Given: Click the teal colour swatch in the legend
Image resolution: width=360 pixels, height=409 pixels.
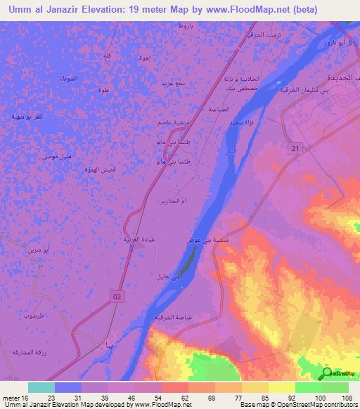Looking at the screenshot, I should (41, 387).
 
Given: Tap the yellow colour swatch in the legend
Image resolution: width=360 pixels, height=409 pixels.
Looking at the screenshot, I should (281, 387).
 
